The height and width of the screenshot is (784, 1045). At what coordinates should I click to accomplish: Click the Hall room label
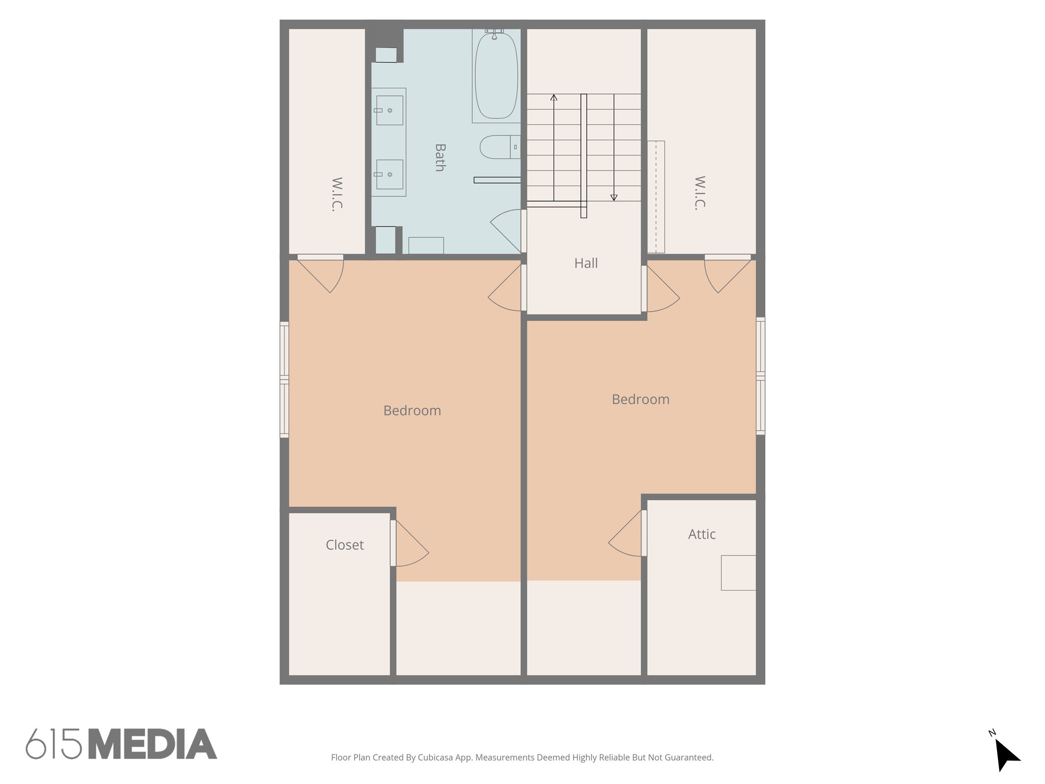pyautogui.click(x=586, y=263)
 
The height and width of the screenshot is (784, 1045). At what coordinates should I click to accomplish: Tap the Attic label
pyautogui.click(x=702, y=534)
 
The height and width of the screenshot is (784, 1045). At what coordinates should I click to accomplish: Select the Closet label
pyautogui.click(x=344, y=545)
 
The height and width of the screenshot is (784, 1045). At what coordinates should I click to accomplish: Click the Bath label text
pyautogui.click(x=440, y=157)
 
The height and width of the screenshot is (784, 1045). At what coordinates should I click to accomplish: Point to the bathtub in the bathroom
pyautogui.click(x=496, y=76)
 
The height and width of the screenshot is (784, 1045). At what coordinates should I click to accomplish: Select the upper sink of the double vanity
pyautogui.click(x=389, y=110)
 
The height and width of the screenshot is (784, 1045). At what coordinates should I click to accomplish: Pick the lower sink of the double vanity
pyautogui.click(x=389, y=175)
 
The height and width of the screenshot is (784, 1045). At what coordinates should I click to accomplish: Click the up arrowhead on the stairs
pyautogui.click(x=554, y=97)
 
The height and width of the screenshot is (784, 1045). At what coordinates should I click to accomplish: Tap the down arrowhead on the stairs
pyautogui.click(x=614, y=198)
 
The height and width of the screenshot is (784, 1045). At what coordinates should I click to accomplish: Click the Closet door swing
pyautogui.click(x=411, y=546)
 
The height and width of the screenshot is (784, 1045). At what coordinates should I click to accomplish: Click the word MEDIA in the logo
pyautogui.click(x=153, y=744)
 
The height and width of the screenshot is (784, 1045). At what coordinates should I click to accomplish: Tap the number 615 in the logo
pyautogui.click(x=54, y=744)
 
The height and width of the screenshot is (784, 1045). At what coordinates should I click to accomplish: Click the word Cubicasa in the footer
pyautogui.click(x=436, y=757)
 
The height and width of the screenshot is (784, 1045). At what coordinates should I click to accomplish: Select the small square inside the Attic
pyautogui.click(x=738, y=573)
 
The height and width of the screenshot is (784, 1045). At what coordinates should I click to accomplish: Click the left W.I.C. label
pyautogui.click(x=337, y=194)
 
